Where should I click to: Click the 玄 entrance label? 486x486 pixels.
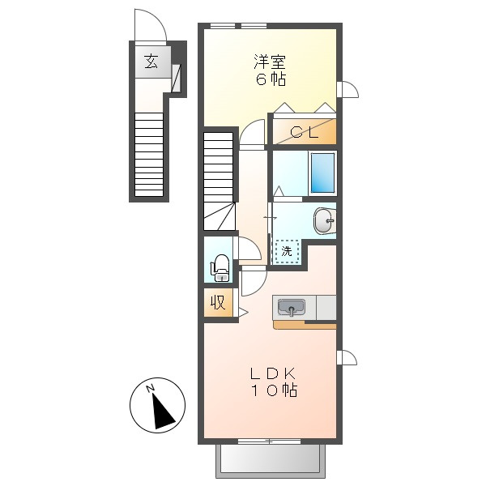(x=151, y=62)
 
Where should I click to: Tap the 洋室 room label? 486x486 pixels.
(x=270, y=62)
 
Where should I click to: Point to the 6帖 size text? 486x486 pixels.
(x=271, y=79)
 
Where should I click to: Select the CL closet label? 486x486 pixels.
(x=304, y=133)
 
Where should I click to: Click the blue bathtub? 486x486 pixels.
(x=322, y=173)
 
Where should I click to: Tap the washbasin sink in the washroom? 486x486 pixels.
(x=325, y=220)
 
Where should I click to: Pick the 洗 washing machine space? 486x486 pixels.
(x=287, y=251)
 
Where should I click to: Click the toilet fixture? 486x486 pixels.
(x=220, y=268)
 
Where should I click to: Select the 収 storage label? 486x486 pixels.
(x=218, y=302)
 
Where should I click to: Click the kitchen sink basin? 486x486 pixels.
(x=292, y=308)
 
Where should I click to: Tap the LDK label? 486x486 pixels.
(x=273, y=373)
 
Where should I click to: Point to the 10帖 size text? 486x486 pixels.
(x=274, y=390)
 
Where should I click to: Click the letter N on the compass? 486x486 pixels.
(x=151, y=388)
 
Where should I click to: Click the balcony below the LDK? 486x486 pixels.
(x=271, y=460)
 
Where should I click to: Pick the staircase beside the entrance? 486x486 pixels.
(x=149, y=154)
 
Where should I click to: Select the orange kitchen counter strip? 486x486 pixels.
(x=305, y=325)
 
